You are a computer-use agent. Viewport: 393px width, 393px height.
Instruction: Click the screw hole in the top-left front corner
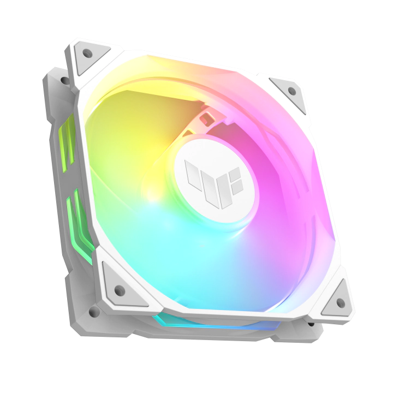pos(87,53)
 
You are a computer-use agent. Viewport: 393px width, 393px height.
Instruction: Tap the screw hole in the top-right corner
pos(291,90)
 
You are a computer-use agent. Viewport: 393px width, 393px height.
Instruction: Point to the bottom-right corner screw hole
pos(341,302)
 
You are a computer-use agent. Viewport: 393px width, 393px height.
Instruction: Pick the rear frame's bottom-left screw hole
pos(93,312)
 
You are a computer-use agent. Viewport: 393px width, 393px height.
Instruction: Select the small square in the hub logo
pos(235,174)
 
